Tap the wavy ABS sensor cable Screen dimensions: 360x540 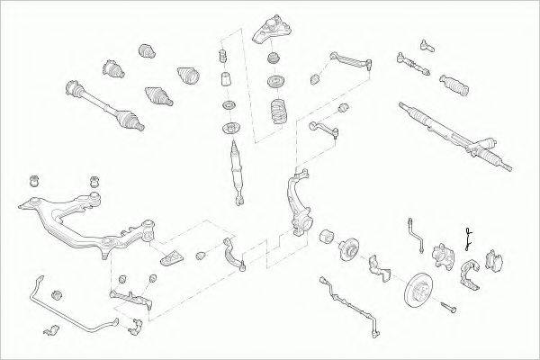346,292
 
